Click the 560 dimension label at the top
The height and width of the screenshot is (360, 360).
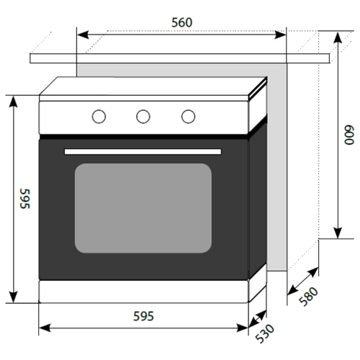[x=182, y=22]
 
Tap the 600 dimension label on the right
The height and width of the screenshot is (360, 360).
[x=349, y=135]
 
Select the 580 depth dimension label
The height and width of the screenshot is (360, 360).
[x=309, y=297]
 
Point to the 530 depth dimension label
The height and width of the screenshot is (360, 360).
[x=264, y=333]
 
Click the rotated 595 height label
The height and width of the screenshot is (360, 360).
[x=25, y=199]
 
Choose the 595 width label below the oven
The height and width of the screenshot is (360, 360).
[x=143, y=316]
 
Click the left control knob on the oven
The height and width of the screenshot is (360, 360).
[x=99, y=117]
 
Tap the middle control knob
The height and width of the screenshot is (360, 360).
[x=143, y=117]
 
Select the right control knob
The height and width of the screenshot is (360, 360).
[x=189, y=117]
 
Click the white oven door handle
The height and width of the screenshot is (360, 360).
[x=143, y=152]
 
